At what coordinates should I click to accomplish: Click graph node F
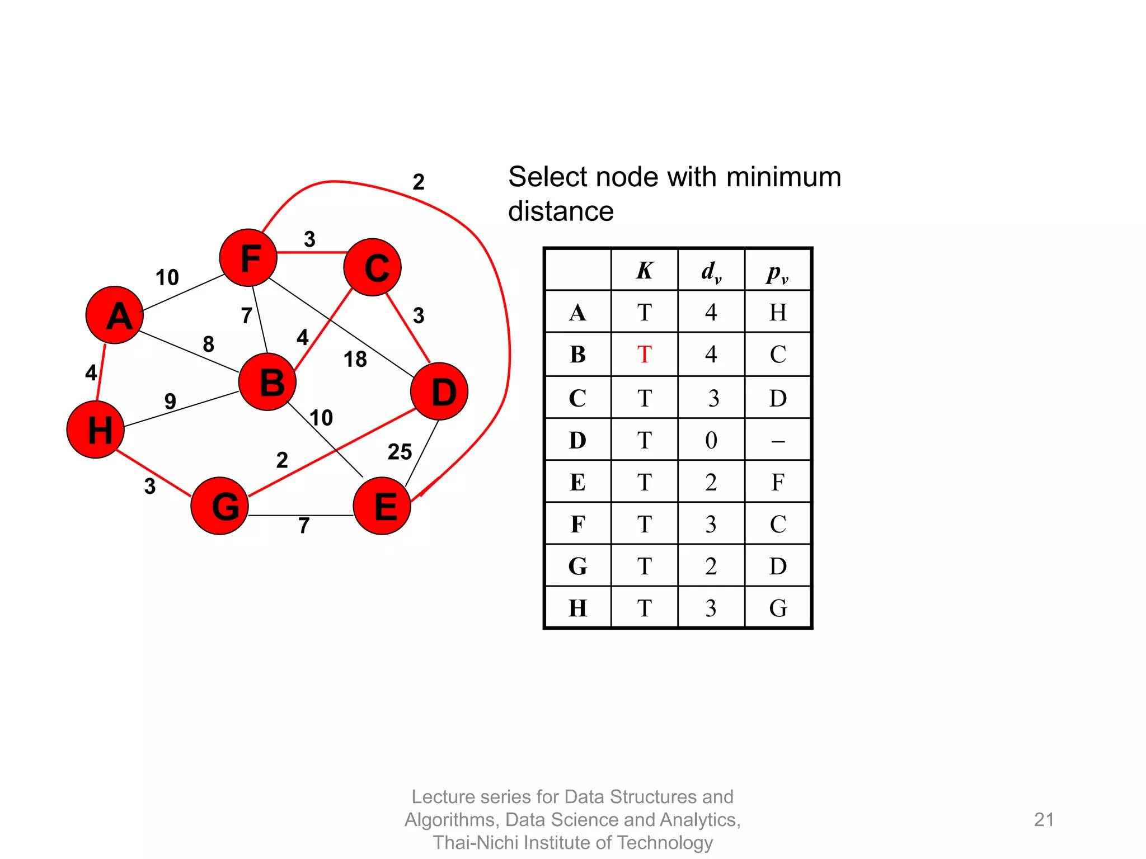click(x=248, y=258)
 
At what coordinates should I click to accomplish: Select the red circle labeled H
click(x=96, y=429)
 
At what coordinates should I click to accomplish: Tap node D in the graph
click(x=439, y=391)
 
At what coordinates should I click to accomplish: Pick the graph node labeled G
click(x=220, y=506)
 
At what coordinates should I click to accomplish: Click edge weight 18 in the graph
click(x=355, y=359)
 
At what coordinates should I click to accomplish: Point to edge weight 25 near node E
click(x=400, y=452)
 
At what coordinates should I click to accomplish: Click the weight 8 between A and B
click(x=209, y=344)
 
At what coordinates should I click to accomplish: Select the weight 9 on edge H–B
click(x=170, y=401)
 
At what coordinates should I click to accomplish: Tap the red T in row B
click(x=645, y=355)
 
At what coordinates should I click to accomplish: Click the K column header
click(x=645, y=271)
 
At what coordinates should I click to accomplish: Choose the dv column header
click(x=711, y=272)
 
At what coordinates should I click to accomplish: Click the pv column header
click(x=778, y=273)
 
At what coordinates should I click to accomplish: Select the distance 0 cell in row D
click(x=711, y=440)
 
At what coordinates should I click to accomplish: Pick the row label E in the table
click(x=577, y=482)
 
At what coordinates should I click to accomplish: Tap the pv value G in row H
click(x=778, y=608)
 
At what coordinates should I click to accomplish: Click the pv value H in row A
click(x=778, y=312)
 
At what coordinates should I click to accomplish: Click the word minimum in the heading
click(x=783, y=177)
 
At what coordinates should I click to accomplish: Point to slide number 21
click(x=1044, y=819)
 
